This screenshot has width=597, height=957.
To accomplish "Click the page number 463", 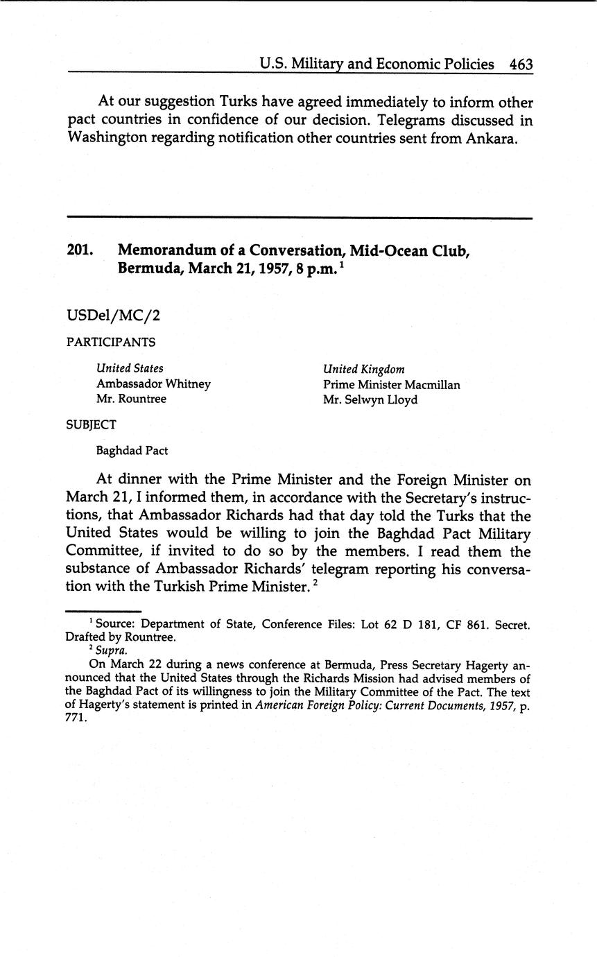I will [x=521, y=64].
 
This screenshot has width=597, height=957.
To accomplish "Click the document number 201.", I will [x=80, y=250].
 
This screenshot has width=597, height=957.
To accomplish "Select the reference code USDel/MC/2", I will [x=113, y=316].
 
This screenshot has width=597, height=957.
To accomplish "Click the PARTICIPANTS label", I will [x=111, y=342].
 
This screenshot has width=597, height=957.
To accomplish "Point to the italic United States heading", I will [x=130, y=369].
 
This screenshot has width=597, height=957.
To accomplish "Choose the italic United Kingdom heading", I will [x=363, y=369].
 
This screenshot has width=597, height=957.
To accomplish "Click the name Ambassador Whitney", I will [x=153, y=384].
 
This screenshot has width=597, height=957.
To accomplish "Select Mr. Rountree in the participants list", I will [x=131, y=399].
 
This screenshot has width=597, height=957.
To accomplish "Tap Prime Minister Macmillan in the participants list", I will [x=391, y=384].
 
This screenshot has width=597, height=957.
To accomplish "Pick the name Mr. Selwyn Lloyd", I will [x=370, y=399].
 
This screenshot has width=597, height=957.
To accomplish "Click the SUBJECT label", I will [x=91, y=424].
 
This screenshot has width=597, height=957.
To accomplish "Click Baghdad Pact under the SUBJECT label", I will [x=132, y=451].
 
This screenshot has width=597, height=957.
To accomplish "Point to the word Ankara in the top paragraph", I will [x=495, y=137].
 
